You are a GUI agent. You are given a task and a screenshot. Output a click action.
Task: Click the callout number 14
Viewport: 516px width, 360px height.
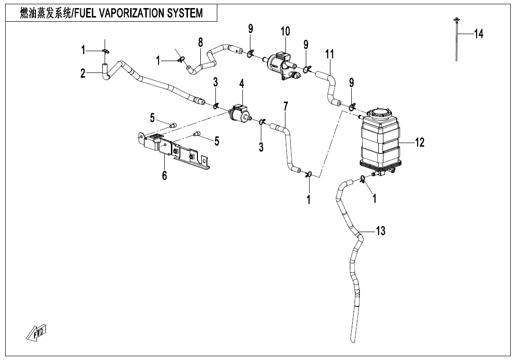pos(479,34)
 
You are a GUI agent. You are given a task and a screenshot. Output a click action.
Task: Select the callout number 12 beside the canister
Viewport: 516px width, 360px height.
pos(420,142)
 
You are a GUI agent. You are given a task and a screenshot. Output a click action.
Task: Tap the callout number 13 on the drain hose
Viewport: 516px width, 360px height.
pos(380,231)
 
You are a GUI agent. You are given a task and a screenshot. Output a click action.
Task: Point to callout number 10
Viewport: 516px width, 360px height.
pos(285,32)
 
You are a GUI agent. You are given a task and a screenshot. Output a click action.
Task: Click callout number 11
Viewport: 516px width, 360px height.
pos(330,54)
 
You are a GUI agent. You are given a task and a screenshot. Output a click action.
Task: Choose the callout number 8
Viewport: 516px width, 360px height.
pos(201,42)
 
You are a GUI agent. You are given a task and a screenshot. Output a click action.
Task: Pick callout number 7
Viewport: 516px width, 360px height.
pos(285,107)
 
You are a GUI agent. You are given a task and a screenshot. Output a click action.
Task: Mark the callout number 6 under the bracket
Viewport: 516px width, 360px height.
pos(164,176)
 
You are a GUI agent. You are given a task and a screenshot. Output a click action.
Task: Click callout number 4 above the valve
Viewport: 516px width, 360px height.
pos(241,84)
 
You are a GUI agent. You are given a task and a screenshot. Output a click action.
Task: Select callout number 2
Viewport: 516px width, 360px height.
pos(83,73)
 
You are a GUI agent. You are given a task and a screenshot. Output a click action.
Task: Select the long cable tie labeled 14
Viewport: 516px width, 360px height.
pos(456,40)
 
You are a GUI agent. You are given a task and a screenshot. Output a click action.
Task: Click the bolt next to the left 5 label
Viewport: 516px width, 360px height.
pos(173,126)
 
